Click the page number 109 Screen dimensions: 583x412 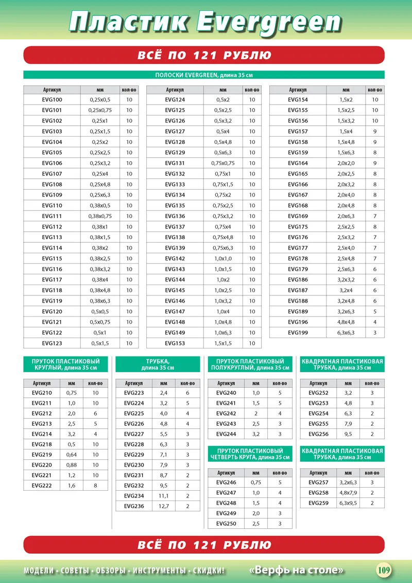tap(384, 570)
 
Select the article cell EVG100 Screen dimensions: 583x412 tap(51, 99)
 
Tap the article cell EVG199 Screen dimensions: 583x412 tap(298, 332)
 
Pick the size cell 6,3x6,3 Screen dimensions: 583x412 tap(346, 332)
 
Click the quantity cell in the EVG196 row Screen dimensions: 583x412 tap(375, 322)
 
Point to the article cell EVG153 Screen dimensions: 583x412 tap(175, 343)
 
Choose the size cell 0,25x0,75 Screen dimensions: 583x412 tap(100, 110)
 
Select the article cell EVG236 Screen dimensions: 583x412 tap(134, 507)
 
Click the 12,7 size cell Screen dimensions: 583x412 tap(164, 507)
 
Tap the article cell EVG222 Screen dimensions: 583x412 tap(42, 486)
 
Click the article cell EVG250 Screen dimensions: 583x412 tap(226, 524)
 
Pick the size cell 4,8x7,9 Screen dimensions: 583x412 tap(348, 493)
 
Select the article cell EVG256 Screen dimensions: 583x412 tap(318, 434)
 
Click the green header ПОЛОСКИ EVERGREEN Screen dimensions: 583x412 tap(204, 75)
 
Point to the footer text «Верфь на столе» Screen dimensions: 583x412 tap(296, 570)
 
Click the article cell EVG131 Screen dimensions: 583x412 tap(175, 163)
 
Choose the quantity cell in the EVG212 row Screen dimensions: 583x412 tap(95, 414)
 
